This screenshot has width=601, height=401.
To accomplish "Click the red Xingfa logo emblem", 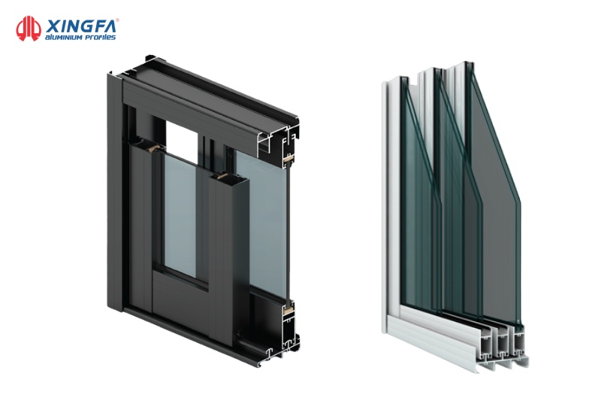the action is point(28,29).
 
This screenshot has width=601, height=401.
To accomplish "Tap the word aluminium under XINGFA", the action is point(64,37).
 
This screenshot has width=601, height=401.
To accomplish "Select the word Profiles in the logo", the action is point(100,37).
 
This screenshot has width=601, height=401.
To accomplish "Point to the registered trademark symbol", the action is point(117,20).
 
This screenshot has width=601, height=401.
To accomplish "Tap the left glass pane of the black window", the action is point(180,215).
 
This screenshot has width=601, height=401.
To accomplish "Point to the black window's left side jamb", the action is point(115,191).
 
